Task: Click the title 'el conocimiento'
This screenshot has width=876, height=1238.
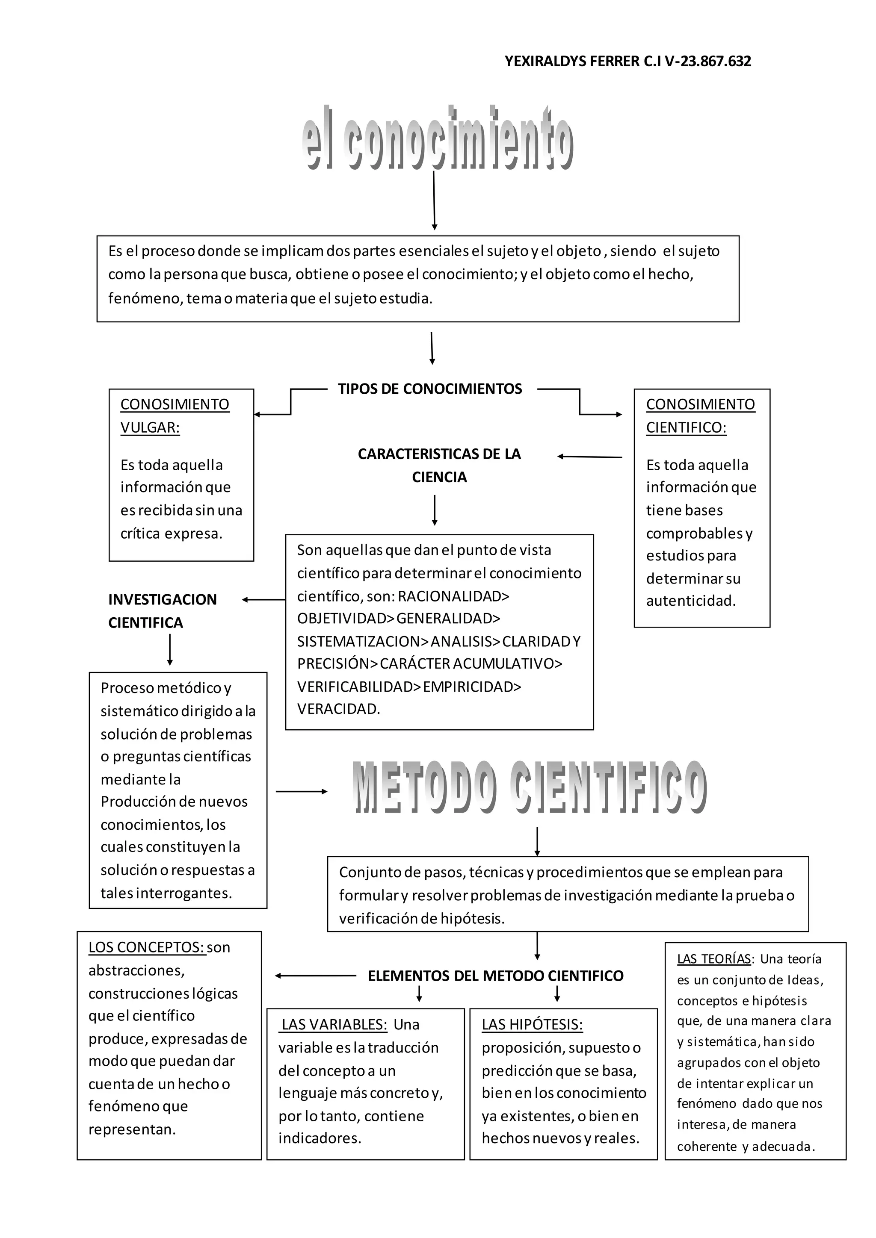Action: (x=438, y=139)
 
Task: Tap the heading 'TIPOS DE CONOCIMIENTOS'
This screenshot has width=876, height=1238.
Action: (x=430, y=389)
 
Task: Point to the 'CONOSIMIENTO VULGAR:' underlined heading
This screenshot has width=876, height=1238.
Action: (x=174, y=416)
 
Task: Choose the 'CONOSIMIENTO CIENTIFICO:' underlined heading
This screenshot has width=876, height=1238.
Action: (x=700, y=416)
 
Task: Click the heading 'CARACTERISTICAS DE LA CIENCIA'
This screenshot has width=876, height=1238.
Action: (x=439, y=466)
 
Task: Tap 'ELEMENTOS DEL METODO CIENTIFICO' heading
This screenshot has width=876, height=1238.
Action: (x=495, y=976)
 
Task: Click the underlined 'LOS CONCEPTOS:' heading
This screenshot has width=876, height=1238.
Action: (x=147, y=947)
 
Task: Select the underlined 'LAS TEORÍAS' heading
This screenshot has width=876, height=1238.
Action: (x=713, y=959)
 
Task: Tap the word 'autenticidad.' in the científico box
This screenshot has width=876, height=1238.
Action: (x=690, y=601)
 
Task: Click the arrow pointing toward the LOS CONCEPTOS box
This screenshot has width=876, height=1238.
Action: (x=315, y=976)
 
